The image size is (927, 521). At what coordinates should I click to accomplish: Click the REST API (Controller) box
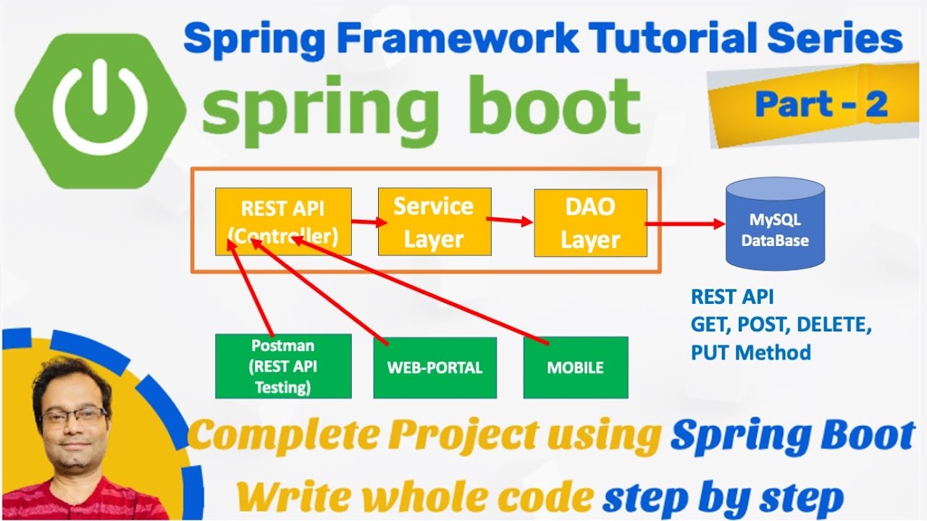pyautogui.click(x=283, y=221)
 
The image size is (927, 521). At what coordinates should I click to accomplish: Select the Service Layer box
pyautogui.click(x=434, y=221)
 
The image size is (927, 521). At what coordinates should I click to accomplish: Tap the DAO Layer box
pyautogui.click(x=590, y=223)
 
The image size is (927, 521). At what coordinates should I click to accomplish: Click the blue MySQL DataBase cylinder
pyautogui.click(x=775, y=226)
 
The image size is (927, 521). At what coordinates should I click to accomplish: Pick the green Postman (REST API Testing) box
pyautogui.click(x=283, y=365)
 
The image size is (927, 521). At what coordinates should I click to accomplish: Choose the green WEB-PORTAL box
pyautogui.click(x=435, y=368)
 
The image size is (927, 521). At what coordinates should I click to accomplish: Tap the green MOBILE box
pyautogui.click(x=575, y=368)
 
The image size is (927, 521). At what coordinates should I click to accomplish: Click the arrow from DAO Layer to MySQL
pyautogui.click(x=684, y=224)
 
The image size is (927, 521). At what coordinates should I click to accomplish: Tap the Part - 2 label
pyautogui.click(x=821, y=104)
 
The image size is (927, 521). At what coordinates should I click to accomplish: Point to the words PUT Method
pyautogui.click(x=750, y=352)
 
